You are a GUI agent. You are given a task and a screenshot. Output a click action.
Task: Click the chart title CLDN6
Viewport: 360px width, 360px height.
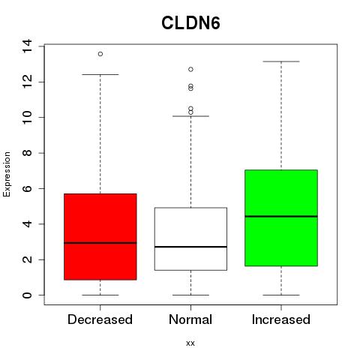(x=190, y=23)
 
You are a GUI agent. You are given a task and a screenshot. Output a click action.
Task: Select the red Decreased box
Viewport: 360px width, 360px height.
(x=100, y=236)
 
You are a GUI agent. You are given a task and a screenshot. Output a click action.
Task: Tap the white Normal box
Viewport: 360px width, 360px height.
(x=190, y=238)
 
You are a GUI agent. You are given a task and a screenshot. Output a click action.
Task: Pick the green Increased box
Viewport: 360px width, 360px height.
(x=281, y=217)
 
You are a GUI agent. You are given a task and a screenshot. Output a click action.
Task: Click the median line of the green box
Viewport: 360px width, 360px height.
(x=281, y=216)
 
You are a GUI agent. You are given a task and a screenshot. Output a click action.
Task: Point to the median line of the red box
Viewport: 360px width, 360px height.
(x=100, y=242)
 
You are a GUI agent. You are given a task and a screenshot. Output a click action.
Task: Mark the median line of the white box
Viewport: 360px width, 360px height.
(x=190, y=247)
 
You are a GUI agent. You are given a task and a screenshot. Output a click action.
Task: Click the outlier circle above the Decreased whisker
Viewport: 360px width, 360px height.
(x=100, y=54)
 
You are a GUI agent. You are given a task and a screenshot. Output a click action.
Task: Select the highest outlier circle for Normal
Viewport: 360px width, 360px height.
(x=190, y=69)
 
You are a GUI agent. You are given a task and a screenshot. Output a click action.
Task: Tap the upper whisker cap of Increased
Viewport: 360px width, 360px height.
(x=281, y=61)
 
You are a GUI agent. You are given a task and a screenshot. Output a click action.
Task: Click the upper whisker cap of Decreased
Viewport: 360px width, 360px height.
(x=100, y=74)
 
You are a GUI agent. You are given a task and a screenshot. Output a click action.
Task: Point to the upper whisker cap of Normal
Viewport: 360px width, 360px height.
(x=190, y=116)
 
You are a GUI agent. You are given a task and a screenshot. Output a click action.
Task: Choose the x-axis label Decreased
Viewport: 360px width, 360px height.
(x=100, y=319)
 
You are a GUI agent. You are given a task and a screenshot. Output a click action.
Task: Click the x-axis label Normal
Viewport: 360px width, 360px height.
(x=190, y=319)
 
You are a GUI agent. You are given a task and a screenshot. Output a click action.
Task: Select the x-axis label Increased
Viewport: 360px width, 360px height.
(x=281, y=319)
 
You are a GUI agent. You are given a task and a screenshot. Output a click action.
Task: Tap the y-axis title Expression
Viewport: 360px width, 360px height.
(x=7, y=174)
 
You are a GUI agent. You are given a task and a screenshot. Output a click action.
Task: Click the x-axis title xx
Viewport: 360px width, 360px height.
(x=190, y=343)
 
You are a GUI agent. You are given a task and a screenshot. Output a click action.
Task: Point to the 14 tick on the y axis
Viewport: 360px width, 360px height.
(x=27, y=46)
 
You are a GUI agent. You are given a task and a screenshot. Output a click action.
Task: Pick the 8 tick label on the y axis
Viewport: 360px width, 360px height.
(x=27, y=153)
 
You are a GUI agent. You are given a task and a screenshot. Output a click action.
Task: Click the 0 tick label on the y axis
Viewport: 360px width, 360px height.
(x=27, y=295)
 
